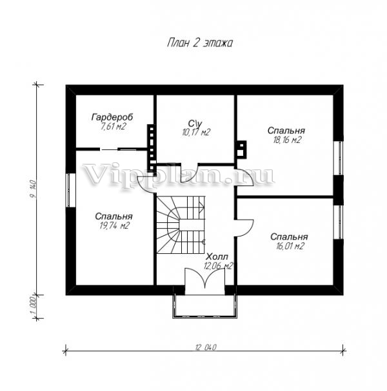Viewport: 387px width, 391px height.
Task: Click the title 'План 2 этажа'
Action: [200, 43]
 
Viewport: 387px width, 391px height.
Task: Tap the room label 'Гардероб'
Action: [112, 117]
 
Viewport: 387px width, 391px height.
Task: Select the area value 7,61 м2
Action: [113, 127]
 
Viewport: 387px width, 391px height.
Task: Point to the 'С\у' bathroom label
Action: [195, 123]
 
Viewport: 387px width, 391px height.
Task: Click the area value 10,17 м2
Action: [196, 132]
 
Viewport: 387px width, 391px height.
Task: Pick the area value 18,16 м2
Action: [287, 140]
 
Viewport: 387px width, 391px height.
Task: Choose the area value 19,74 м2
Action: [114, 226]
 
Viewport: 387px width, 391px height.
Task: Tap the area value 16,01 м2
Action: [290, 246]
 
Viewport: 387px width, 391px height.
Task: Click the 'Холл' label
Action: [217, 256]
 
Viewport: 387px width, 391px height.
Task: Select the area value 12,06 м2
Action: [219, 266]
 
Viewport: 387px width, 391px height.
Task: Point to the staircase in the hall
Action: [181, 225]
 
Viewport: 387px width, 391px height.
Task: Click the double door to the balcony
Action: [204, 278]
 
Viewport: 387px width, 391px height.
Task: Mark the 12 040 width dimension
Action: [206, 347]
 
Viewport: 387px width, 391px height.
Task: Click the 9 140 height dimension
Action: [33, 189]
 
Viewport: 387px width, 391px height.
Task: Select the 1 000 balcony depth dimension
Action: [34, 306]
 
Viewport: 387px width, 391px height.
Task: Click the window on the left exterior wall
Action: [71, 190]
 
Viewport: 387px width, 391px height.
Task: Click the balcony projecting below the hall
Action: [204, 306]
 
